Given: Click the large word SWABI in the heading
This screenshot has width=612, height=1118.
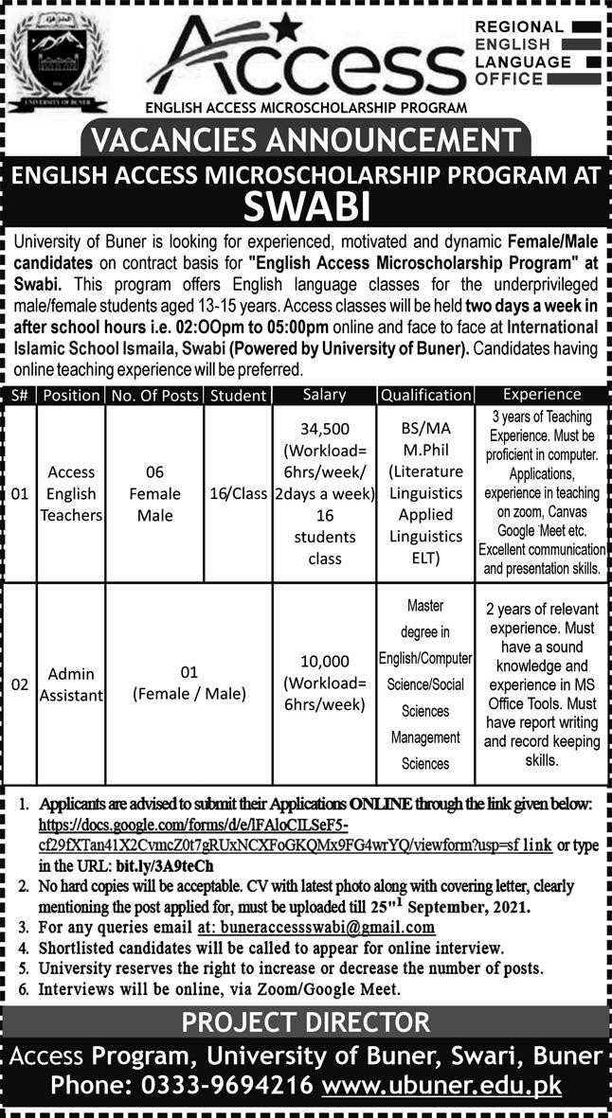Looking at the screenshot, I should (307, 204).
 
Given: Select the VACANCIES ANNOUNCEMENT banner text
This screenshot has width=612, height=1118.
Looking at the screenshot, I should (306, 139).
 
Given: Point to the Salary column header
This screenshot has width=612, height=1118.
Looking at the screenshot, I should (324, 394).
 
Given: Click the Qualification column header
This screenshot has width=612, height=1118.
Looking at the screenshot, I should (425, 395).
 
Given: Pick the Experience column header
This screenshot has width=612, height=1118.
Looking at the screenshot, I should (542, 394).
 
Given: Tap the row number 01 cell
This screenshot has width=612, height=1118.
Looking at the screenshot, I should (19, 493).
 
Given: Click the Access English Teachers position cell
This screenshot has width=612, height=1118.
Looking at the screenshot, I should (72, 493).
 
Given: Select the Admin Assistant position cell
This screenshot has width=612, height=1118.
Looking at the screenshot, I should (72, 684).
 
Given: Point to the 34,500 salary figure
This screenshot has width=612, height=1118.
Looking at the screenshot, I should (324, 428).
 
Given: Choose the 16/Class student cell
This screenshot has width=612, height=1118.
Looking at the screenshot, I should (238, 493).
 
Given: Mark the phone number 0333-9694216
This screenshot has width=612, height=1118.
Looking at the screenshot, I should (227, 1085).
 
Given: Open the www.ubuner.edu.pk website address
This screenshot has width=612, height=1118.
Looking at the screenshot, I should (441, 1085).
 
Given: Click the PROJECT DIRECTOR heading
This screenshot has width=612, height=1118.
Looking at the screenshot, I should (306, 1022).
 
